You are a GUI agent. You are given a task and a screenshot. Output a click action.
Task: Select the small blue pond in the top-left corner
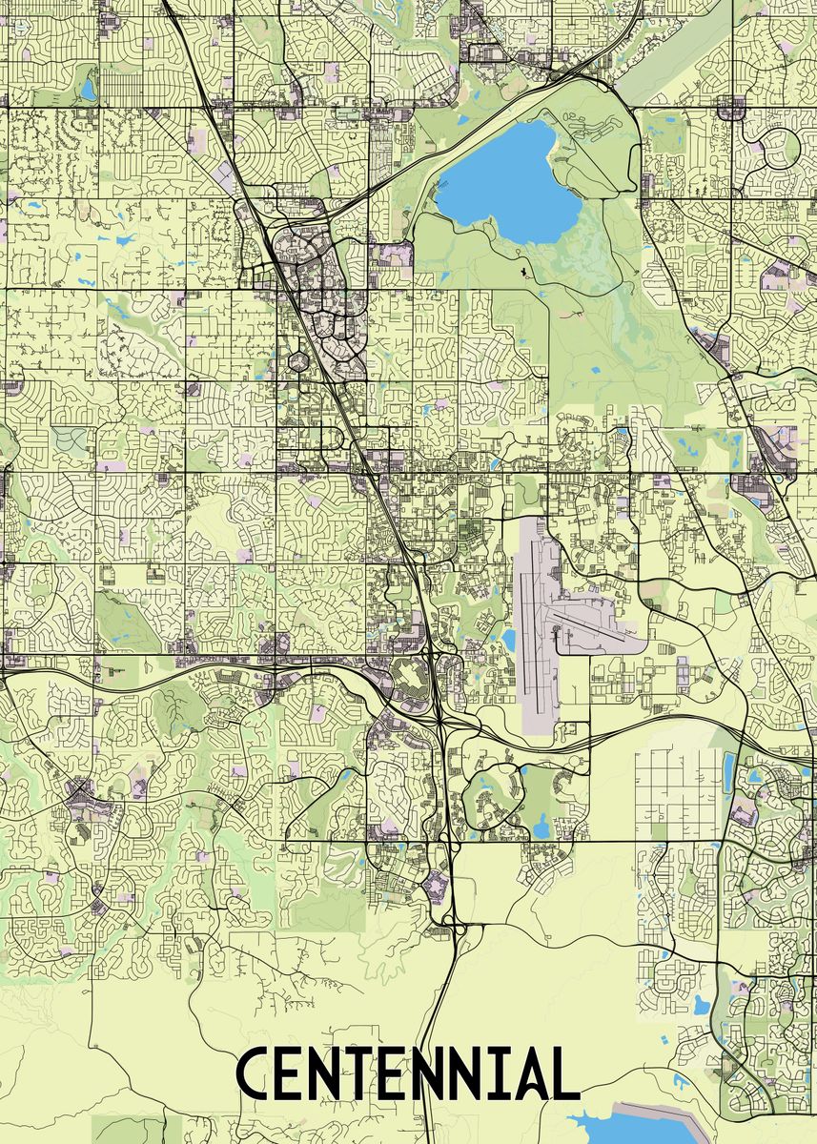click(x=88, y=90)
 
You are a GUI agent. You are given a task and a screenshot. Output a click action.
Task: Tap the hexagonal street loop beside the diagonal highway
click(x=296, y=362)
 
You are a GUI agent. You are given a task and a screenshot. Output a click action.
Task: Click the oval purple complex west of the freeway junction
click(x=409, y=682)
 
